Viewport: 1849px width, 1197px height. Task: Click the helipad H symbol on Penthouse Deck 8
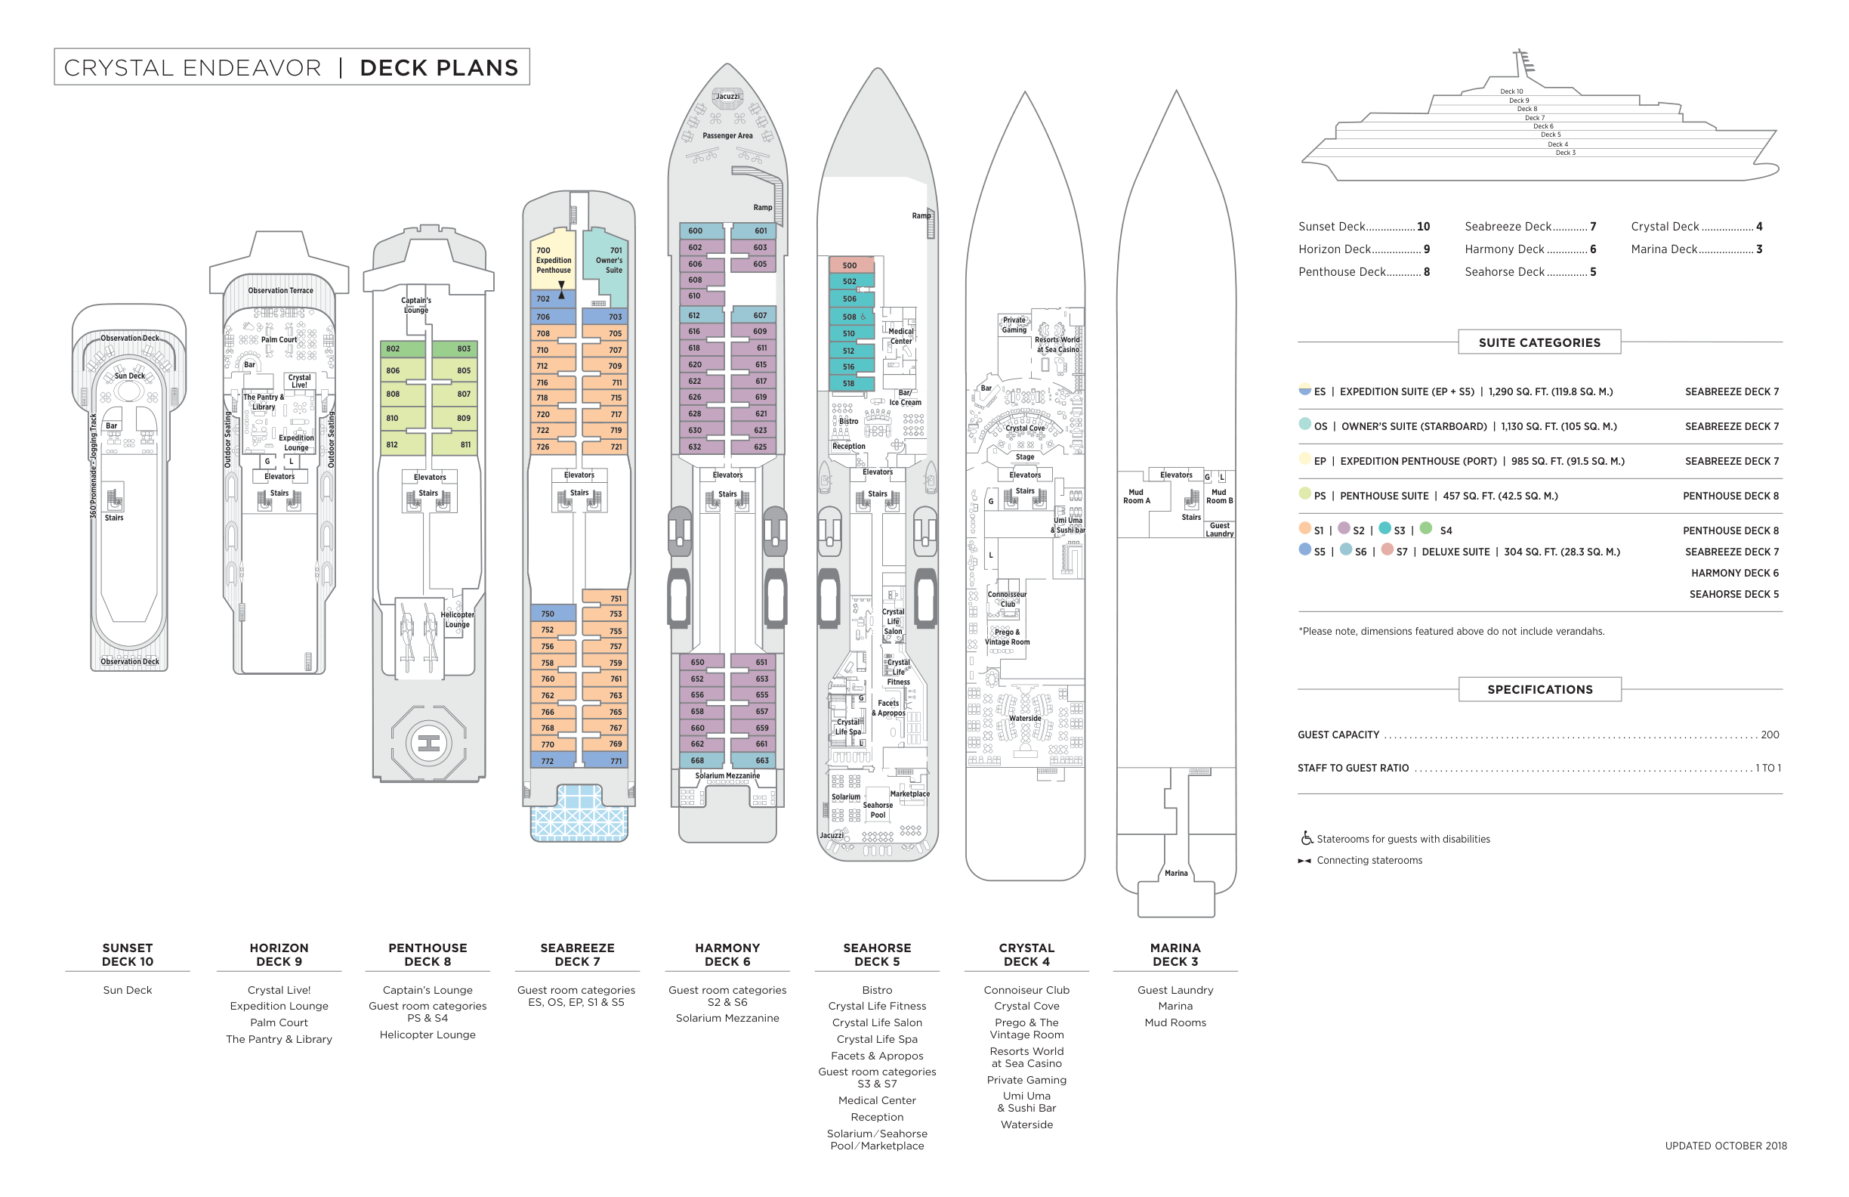click(x=428, y=743)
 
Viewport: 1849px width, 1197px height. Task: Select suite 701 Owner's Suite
click(x=607, y=265)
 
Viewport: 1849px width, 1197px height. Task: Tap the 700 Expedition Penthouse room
click(x=552, y=260)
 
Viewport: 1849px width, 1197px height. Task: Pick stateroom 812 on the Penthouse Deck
click(x=403, y=444)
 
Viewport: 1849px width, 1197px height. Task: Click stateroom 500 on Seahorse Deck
click(x=851, y=265)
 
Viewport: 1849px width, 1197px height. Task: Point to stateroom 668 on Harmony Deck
click(x=702, y=760)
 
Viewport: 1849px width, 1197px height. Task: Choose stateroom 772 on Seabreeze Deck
click(x=552, y=761)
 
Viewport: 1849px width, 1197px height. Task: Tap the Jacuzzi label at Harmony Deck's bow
click(x=727, y=97)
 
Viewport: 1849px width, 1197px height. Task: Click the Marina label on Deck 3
click(x=1175, y=873)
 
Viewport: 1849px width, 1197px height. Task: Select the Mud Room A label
click(x=1136, y=496)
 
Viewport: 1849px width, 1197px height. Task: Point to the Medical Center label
click(x=900, y=336)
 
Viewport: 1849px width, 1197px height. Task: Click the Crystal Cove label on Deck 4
click(x=1025, y=428)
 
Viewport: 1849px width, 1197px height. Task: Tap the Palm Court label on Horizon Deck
click(x=279, y=339)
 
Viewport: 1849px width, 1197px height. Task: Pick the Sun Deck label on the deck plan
click(x=130, y=376)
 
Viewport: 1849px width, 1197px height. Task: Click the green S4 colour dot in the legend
click(x=1425, y=527)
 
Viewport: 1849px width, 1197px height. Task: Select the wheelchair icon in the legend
click(x=1307, y=838)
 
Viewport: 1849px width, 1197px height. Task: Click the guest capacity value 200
click(x=1770, y=735)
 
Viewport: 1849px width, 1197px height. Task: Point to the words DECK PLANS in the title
click(x=439, y=67)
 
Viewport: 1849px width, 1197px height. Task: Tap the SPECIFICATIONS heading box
click(x=1539, y=689)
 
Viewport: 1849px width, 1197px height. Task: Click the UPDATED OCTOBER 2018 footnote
click(x=1725, y=1146)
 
